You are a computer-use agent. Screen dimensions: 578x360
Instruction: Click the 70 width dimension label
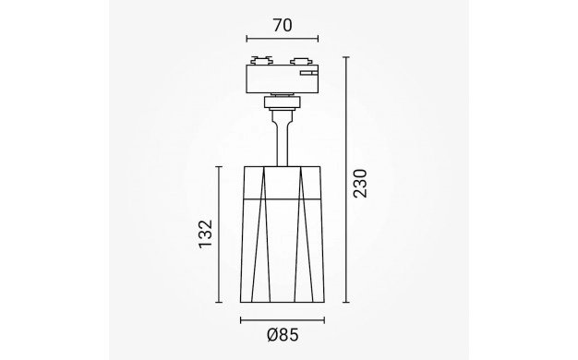283,26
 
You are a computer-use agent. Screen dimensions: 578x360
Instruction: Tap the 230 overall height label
360,184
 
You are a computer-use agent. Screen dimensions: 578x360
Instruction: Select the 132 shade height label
206,234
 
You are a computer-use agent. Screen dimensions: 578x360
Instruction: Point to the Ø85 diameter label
283,335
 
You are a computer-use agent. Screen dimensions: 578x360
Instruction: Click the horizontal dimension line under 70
283,38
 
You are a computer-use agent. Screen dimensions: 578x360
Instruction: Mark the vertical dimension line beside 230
345,180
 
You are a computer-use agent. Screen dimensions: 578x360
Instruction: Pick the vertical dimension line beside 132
219,234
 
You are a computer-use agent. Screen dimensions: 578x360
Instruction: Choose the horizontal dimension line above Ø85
283,320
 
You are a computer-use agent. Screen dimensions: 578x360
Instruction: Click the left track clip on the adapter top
261,61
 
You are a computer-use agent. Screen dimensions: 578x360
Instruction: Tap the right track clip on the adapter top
301,61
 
